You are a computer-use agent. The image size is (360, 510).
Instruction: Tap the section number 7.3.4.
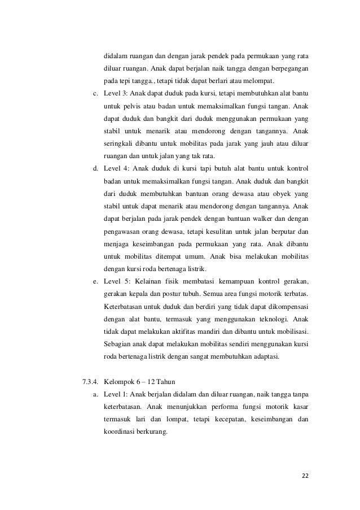91,378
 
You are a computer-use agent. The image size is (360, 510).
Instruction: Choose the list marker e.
95,281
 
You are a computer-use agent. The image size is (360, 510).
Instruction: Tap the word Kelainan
155,281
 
